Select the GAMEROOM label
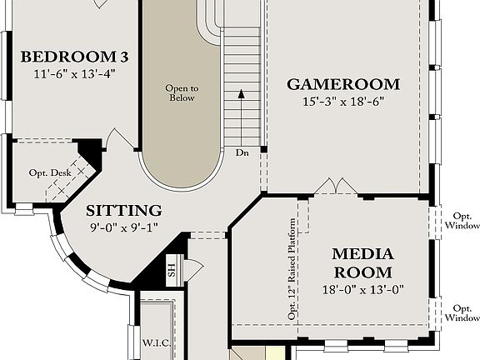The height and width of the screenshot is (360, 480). (x=343, y=84)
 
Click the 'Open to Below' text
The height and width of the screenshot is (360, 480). (x=181, y=92)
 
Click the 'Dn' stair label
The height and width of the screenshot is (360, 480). (x=242, y=153)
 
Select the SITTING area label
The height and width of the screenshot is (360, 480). (x=123, y=210)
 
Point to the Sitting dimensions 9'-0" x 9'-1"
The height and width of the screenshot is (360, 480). (x=123, y=226)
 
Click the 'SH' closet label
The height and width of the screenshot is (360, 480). (x=172, y=268)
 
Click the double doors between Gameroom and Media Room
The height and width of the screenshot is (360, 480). (x=337, y=187)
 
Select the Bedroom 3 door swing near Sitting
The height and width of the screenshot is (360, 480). (x=123, y=141)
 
